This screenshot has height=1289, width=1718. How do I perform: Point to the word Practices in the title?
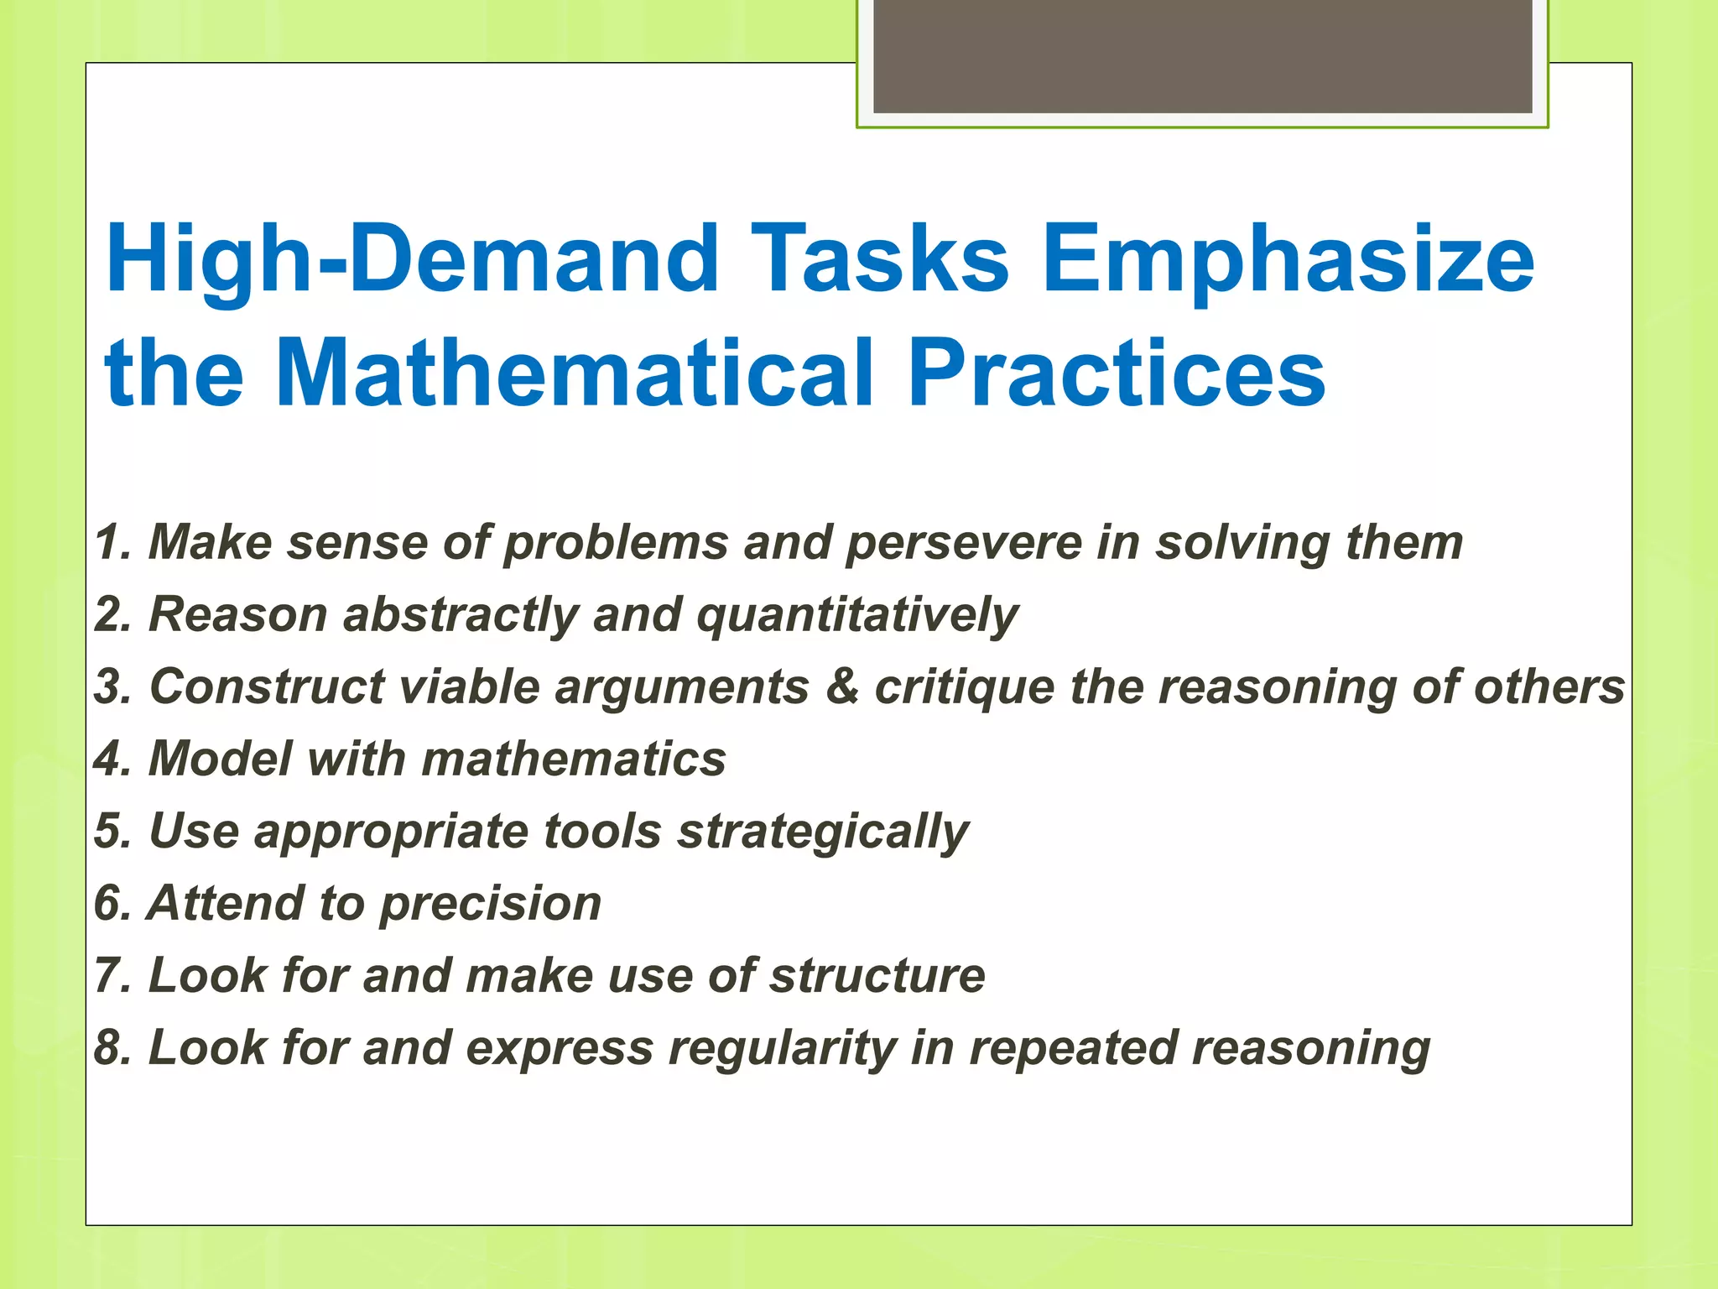pyautogui.click(x=1116, y=373)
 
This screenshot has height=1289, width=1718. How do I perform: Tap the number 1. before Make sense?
pyautogui.click(x=113, y=542)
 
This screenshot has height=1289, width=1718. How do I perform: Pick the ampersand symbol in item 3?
pyautogui.click(x=842, y=686)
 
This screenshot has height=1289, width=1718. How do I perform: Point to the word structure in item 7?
pyautogui.click(x=877, y=975)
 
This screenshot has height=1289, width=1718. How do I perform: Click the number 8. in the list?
pyautogui.click(x=113, y=1049)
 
